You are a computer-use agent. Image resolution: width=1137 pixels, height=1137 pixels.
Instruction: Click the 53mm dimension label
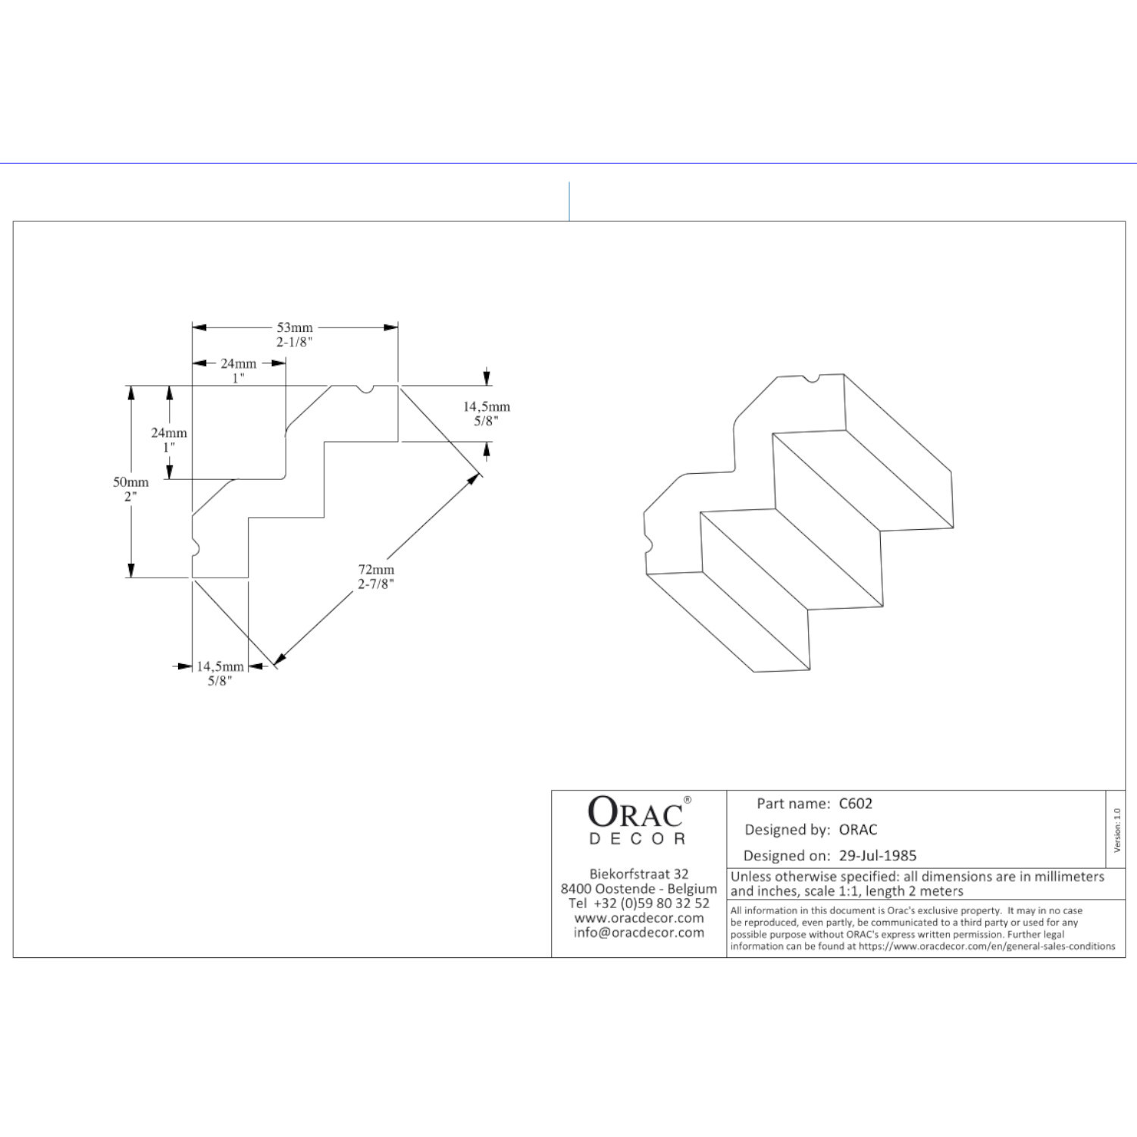(295, 327)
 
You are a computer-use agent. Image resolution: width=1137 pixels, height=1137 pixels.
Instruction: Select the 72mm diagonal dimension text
(377, 569)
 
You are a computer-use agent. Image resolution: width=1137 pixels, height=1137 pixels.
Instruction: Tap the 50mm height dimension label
(131, 482)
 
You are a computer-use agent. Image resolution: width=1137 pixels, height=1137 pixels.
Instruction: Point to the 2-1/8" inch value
(295, 342)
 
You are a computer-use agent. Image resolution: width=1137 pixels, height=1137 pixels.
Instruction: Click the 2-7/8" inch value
(377, 584)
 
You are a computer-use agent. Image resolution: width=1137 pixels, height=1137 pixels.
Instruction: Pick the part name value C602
(856, 803)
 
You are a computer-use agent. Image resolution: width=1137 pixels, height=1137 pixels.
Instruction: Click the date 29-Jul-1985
(878, 856)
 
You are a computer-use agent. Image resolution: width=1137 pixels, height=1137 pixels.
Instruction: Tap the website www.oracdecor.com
(639, 918)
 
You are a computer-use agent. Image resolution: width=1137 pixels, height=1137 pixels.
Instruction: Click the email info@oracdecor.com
(639, 932)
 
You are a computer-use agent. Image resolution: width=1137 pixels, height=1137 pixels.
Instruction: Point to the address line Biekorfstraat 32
(639, 874)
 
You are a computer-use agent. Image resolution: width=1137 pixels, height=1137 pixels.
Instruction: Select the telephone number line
(639, 904)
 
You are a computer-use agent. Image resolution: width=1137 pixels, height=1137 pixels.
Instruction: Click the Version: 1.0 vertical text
(1117, 830)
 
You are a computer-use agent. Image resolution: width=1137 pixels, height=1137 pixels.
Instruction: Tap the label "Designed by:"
(788, 830)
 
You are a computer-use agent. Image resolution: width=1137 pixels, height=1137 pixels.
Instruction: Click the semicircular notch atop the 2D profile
(365, 390)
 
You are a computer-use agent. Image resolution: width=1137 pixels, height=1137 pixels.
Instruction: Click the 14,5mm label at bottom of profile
(220, 666)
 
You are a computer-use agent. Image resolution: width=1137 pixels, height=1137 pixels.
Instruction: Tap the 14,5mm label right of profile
(487, 407)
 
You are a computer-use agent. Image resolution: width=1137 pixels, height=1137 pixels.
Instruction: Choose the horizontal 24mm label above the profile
(239, 364)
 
